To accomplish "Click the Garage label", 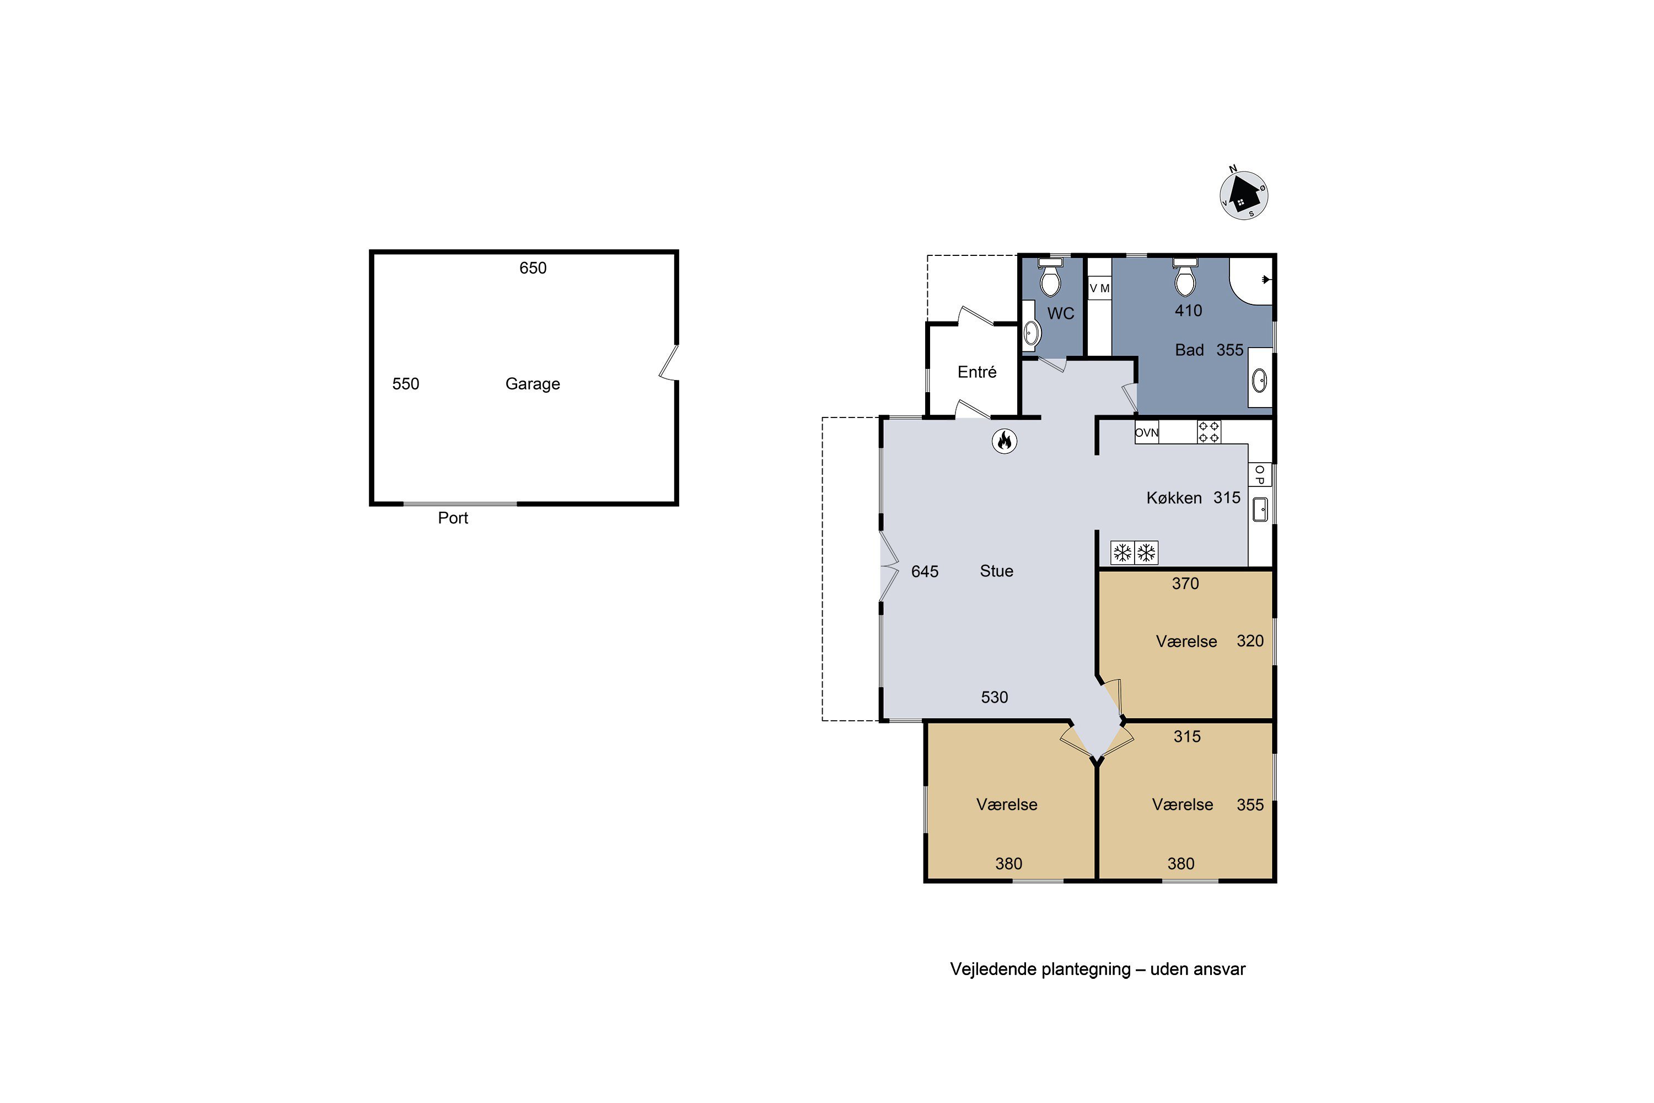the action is click(x=533, y=384).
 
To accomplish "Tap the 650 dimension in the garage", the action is click(x=533, y=268).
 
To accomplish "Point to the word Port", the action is click(x=453, y=518).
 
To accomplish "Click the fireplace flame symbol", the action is click(x=1004, y=441).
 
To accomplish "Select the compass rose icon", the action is click(x=1243, y=195).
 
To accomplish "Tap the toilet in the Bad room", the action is click(x=1185, y=277).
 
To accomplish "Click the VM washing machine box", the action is click(x=1099, y=288).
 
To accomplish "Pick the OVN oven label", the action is click(x=1146, y=432).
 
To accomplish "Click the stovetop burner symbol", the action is click(x=1209, y=432).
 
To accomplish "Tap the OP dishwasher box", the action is click(x=1259, y=475).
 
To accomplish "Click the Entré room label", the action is click(x=977, y=372).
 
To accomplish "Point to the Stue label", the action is click(x=996, y=571).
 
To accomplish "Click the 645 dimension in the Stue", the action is click(x=925, y=572).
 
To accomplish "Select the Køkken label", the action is click(x=1174, y=498).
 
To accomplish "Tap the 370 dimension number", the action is click(x=1185, y=583).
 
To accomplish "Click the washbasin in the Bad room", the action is click(x=1259, y=381).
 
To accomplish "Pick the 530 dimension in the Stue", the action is click(x=995, y=697).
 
